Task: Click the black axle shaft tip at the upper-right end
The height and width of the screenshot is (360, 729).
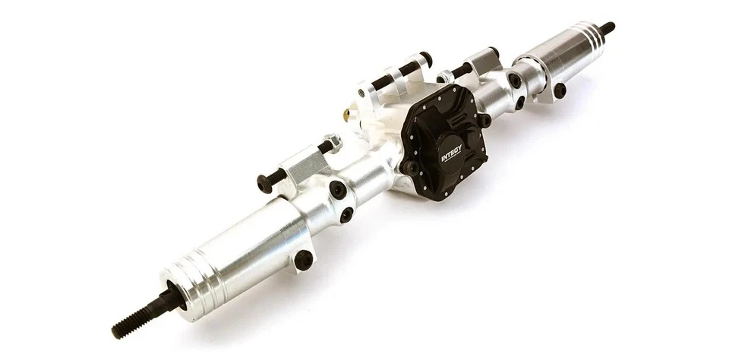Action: (x=607, y=28)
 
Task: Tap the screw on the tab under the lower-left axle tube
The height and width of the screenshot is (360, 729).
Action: (x=304, y=259)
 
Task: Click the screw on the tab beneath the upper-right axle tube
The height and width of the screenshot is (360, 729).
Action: (x=560, y=90)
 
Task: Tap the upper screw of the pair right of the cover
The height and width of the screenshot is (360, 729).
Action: (x=515, y=80)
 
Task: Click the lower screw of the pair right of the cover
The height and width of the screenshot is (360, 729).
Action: (x=521, y=103)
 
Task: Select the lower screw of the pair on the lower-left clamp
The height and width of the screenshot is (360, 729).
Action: (x=346, y=215)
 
